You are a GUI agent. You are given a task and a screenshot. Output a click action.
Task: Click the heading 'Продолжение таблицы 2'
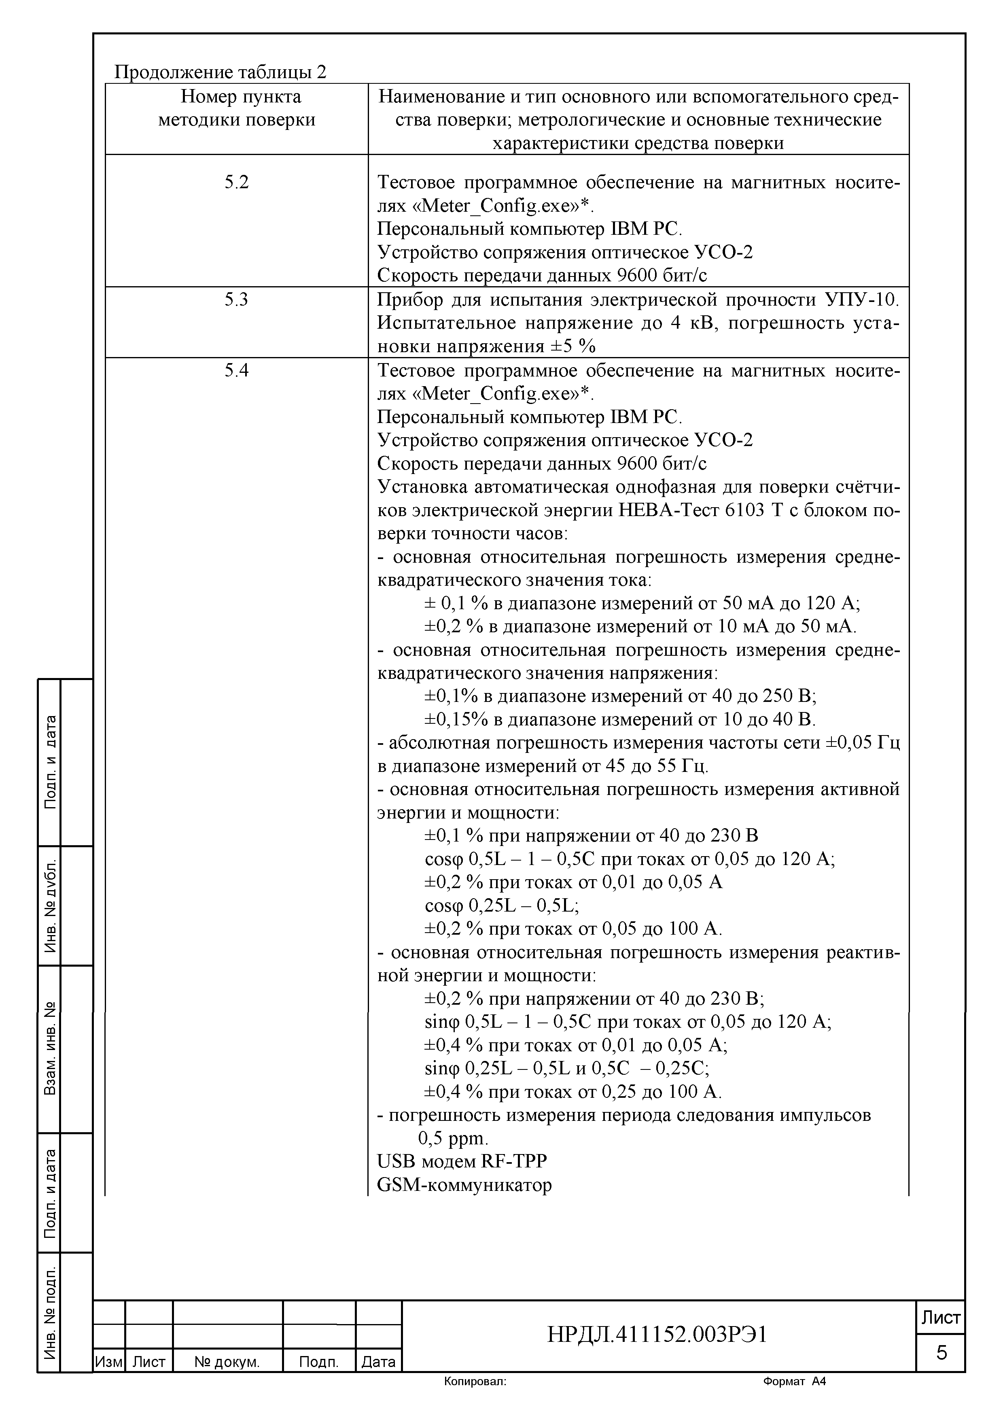coord(220,72)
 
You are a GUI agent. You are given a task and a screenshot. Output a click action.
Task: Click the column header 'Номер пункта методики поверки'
coord(237,108)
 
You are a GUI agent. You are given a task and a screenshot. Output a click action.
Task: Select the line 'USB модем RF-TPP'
coord(462,1161)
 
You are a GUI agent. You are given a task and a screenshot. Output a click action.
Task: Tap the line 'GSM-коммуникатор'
coord(464,1185)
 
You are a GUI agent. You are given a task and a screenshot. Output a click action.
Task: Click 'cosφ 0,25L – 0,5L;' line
coord(502,906)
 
